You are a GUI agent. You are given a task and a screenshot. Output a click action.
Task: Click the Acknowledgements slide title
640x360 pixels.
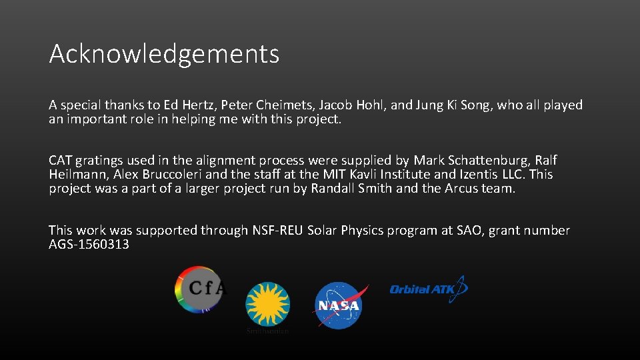point(164,54)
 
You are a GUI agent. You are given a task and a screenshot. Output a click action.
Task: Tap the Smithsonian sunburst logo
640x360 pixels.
point(267,303)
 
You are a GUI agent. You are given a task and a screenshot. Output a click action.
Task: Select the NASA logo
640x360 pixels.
point(339,305)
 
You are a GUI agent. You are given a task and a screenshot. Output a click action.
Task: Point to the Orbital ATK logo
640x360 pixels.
point(428,289)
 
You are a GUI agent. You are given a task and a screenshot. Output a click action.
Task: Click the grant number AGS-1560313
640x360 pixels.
point(89,245)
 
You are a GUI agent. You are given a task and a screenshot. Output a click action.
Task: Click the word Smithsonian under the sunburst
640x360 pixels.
point(267,331)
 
